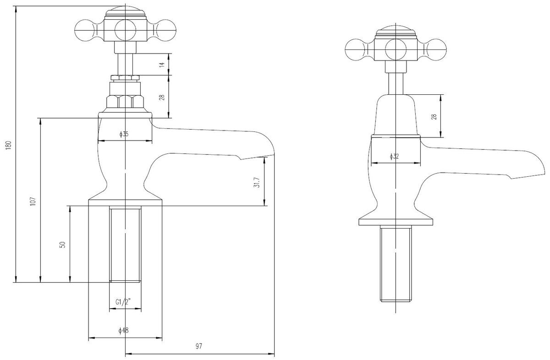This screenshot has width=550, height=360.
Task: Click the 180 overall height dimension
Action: click(x=9, y=146)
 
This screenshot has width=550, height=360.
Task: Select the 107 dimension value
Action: click(x=33, y=202)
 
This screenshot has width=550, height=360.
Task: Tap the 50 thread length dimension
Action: click(x=63, y=245)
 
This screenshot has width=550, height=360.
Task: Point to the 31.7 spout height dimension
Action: click(x=257, y=182)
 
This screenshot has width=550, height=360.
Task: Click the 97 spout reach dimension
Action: click(x=199, y=346)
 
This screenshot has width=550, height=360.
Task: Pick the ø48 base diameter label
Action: click(x=123, y=331)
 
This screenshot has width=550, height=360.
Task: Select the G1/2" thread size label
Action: click(x=123, y=302)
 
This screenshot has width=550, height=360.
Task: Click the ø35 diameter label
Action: click(x=124, y=134)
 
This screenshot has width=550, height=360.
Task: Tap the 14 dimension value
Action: click(x=162, y=65)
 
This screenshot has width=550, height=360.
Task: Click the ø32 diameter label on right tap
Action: click(x=394, y=156)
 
